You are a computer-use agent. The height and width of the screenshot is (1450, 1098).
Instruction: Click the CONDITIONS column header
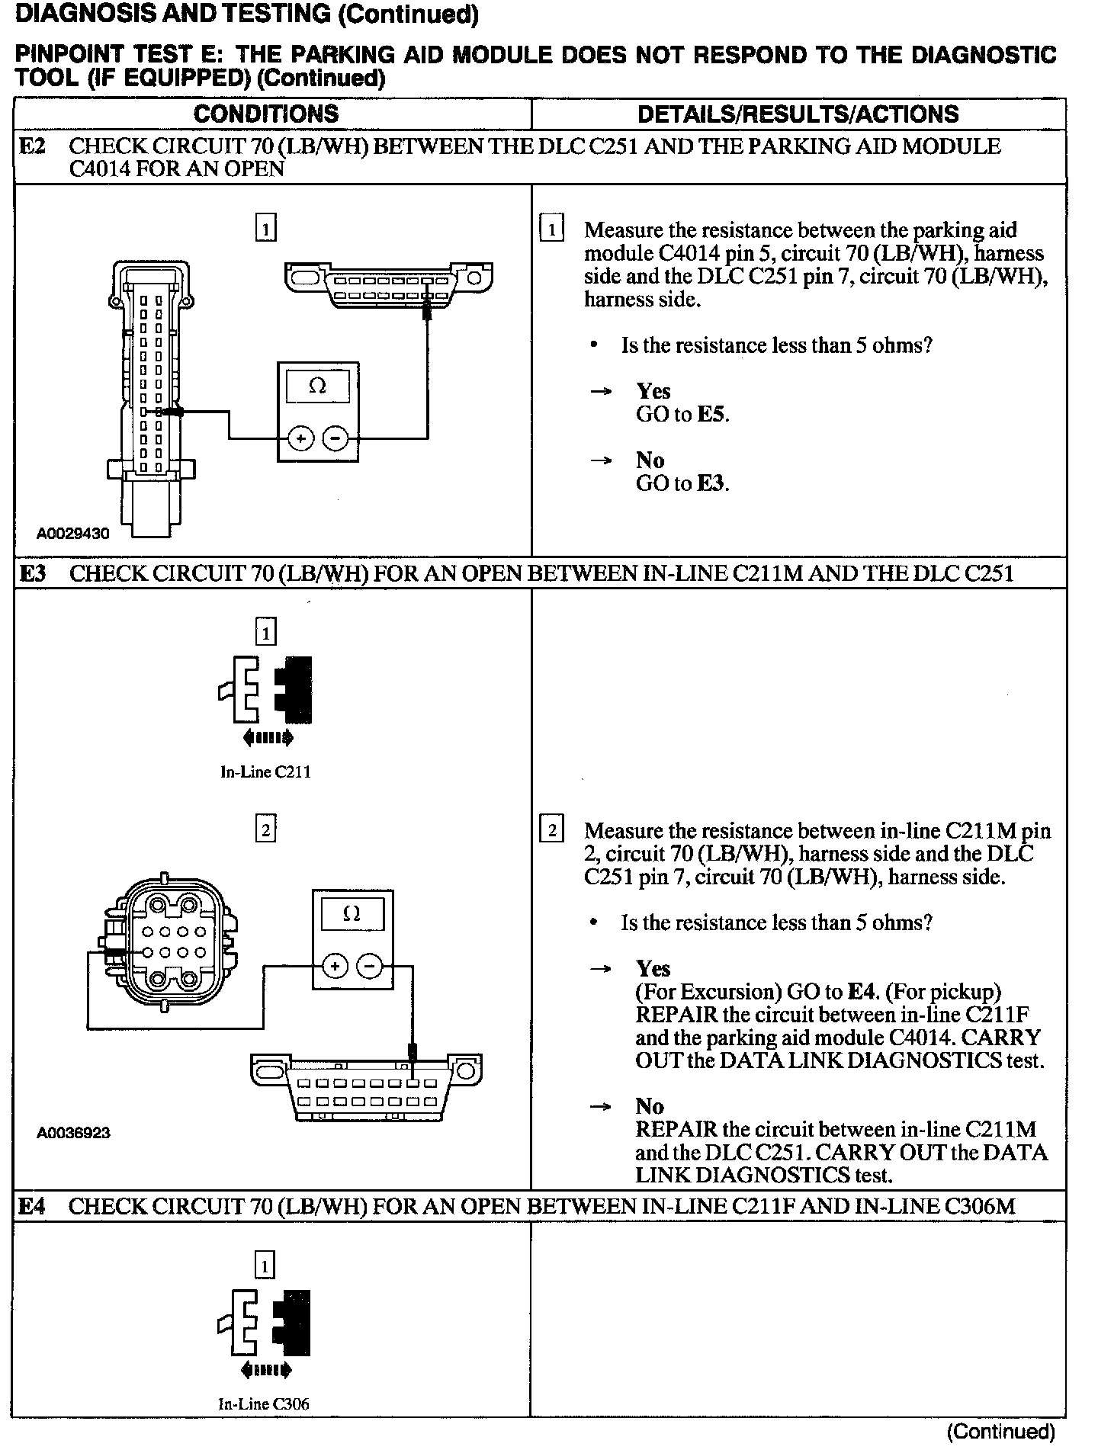tap(265, 114)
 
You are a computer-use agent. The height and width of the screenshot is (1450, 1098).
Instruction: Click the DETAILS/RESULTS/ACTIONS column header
tap(798, 114)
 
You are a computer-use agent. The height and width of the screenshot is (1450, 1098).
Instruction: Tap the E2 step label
tap(32, 146)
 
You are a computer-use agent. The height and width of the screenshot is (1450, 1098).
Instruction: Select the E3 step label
tap(32, 573)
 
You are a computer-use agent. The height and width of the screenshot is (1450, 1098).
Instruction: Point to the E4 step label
tap(32, 1206)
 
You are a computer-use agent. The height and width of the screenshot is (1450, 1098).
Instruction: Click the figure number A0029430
tap(73, 534)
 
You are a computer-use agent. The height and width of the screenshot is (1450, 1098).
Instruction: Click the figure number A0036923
tap(73, 1133)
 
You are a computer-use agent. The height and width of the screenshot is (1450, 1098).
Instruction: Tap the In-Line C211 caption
tap(265, 772)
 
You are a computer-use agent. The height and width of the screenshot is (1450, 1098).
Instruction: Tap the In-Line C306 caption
tap(264, 1404)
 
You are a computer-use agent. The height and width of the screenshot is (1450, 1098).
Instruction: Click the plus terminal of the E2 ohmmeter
tap(300, 438)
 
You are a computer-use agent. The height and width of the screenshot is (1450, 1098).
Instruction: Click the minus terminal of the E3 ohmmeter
tap(369, 967)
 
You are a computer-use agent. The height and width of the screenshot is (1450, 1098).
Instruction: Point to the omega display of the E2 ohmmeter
tap(318, 387)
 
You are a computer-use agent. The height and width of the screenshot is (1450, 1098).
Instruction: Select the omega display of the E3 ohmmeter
tap(352, 913)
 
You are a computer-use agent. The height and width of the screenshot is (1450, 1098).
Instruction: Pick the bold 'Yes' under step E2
tap(653, 391)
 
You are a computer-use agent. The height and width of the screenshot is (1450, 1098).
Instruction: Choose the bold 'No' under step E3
tap(650, 1106)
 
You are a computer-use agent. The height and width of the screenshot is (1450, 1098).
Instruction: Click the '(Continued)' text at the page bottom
tap(1000, 1432)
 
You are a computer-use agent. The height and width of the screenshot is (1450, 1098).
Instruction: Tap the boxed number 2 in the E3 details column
tap(551, 829)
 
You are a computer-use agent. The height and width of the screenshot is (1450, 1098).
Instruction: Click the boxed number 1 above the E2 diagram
tap(265, 229)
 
